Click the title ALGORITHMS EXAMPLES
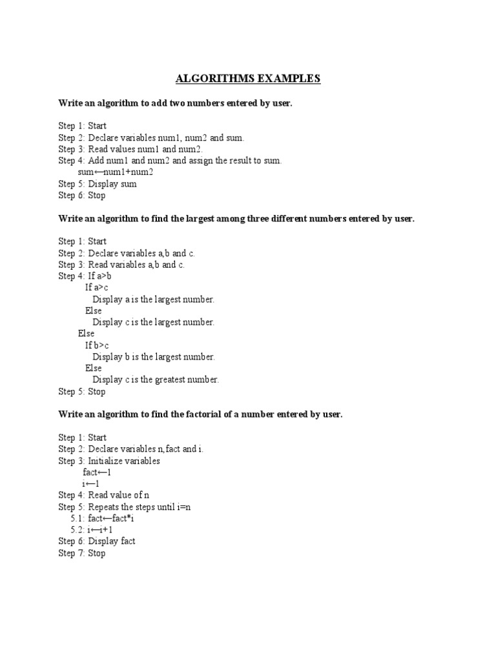click(x=248, y=79)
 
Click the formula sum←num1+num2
click(x=115, y=172)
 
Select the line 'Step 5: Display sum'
click(x=97, y=184)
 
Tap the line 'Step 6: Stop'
click(x=81, y=196)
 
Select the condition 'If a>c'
click(x=97, y=288)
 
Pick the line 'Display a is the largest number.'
click(x=153, y=300)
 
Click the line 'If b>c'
click(x=97, y=345)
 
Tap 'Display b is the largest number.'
click(x=154, y=357)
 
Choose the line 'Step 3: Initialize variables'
click(x=108, y=461)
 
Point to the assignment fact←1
click(x=97, y=473)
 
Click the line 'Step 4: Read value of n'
click(x=103, y=495)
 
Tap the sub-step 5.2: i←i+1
click(x=92, y=530)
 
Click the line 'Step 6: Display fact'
click(x=96, y=542)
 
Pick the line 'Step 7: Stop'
click(x=81, y=553)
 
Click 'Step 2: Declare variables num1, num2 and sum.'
click(x=151, y=137)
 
